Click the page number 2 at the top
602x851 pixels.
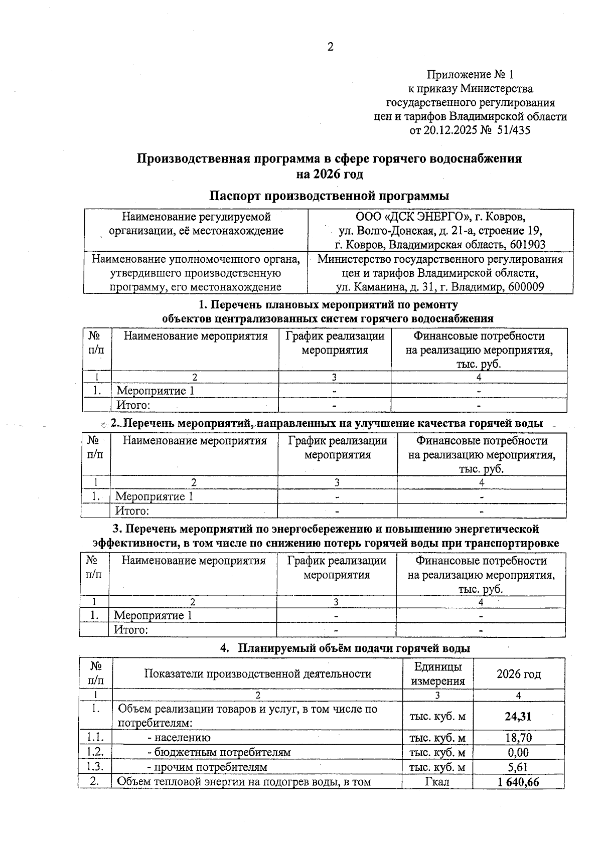(x=330, y=47)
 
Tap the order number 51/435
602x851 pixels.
(x=513, y=131)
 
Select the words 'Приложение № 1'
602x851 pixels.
(x=470, y=75)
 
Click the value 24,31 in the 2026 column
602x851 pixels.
(x=518, y=717)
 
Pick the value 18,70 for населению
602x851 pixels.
(x=518, y=738)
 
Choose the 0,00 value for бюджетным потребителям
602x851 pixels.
(x=518, y=752)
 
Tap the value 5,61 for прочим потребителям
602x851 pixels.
(x=518, y=767)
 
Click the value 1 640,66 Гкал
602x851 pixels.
(x=518, y=782)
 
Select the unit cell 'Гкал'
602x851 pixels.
(x=437, y=782)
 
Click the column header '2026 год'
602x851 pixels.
(x=519, y=674)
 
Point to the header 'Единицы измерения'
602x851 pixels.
(x=437, y=674)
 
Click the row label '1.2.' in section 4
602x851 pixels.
(x=95, y=752)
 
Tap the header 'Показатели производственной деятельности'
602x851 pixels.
(x=257, y=674)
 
